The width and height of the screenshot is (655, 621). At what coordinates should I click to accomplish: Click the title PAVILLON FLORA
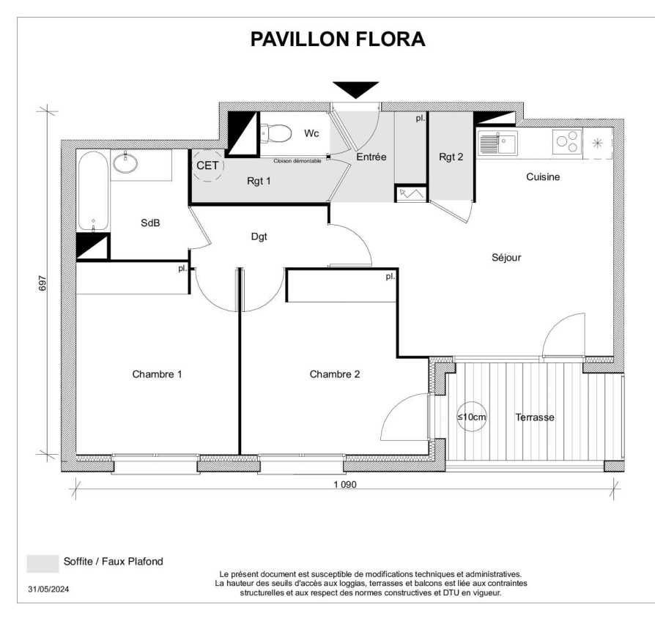point(338,40)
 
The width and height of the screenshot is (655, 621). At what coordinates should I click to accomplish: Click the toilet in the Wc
point(276,133)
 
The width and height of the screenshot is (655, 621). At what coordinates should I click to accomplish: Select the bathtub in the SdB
point(94,191)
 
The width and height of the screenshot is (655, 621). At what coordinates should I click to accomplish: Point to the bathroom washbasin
point(125,163)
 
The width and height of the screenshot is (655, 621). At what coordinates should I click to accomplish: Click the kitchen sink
point(497,143)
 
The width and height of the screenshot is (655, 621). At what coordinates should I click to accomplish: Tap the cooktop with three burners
point(567,141)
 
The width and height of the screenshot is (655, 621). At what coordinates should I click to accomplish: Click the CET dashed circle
point(207,166)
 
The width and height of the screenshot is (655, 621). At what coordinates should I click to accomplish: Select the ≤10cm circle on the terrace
point(472,417)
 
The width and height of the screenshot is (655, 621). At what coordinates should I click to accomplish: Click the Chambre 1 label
point(157,374)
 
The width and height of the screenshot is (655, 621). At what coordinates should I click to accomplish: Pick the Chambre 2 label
point(335,374)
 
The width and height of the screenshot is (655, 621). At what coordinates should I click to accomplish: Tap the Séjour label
point(506,257)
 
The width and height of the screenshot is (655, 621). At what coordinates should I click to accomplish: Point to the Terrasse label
point(535,417)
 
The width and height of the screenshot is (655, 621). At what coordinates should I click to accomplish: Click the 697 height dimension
point(42,283)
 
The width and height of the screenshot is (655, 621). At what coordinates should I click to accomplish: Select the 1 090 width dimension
point(345,485)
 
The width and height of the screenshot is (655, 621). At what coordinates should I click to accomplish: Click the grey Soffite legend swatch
point(42,564)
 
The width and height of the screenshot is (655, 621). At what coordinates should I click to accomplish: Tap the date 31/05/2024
point(48,590)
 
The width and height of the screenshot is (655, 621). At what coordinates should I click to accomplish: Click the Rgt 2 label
point(451,157)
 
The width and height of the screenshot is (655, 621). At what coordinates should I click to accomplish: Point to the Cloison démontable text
point(297,161)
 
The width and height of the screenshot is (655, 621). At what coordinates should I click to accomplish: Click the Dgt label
point(259,237)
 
